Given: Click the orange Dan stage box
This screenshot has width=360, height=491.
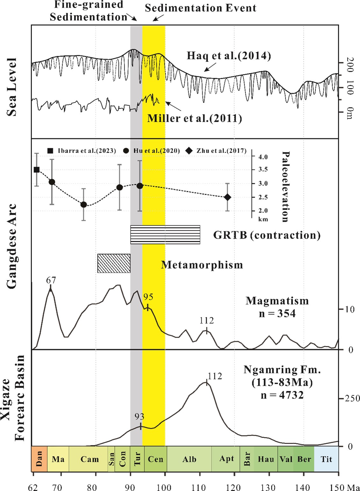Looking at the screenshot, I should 39,459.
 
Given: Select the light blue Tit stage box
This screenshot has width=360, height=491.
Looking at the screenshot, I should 326,459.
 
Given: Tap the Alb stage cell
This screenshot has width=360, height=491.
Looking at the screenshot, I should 189,459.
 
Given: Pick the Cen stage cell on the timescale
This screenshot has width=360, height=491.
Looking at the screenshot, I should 155,459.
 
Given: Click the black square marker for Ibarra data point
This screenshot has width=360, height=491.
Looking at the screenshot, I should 37,170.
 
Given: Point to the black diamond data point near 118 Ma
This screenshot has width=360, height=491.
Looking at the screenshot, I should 227,197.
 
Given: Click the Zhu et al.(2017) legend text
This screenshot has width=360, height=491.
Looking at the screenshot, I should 221,151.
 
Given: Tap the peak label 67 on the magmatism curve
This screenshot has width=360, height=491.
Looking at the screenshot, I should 51,280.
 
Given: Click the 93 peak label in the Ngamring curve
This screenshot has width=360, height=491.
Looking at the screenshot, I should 139,416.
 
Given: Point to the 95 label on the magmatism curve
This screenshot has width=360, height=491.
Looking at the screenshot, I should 148,297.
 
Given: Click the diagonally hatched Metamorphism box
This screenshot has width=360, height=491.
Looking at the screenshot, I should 114,263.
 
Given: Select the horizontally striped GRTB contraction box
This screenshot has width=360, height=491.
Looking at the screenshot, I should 165,235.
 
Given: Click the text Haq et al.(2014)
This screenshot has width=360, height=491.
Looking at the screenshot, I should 229,56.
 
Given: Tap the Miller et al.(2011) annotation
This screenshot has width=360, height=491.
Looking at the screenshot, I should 194,119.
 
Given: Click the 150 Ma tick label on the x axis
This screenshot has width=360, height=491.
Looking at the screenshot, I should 344,487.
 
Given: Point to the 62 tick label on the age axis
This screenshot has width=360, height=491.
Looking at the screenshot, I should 33,487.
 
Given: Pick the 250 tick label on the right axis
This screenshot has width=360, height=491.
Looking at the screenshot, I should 352,398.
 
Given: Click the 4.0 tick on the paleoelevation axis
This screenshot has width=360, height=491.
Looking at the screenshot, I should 263,157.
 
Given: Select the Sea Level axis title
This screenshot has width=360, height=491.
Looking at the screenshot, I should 12,87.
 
